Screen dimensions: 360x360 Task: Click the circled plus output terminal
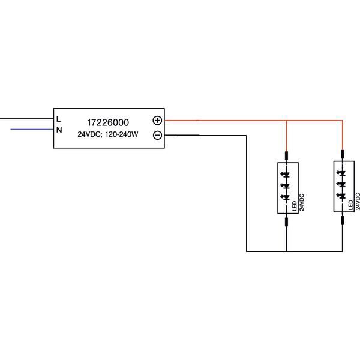[157, 120]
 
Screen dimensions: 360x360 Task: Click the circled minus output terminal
[157, 135]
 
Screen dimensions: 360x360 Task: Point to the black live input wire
[24, 119]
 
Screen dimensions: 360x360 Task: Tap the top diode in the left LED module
[286, 174]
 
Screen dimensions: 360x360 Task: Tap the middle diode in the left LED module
[286, 185]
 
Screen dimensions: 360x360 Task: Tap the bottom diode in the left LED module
[286, 197]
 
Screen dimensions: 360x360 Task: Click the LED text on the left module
[295, 206]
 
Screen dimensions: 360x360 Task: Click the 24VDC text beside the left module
[302, 202]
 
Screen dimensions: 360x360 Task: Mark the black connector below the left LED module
[286, 222]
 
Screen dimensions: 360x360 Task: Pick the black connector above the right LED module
[342, 156]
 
